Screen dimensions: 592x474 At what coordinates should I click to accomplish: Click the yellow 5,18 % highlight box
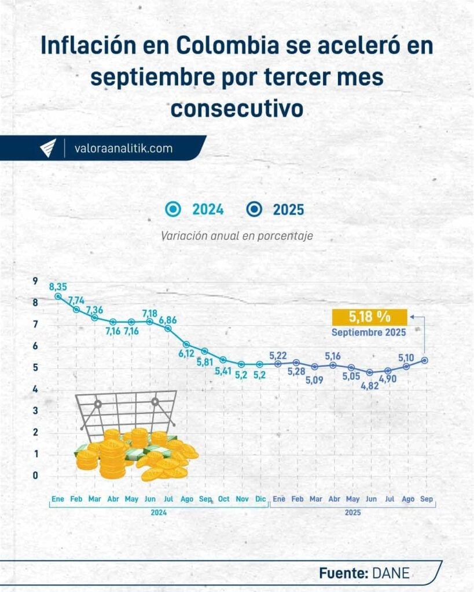point(369,317)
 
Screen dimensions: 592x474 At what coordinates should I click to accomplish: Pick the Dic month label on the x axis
point(260,499)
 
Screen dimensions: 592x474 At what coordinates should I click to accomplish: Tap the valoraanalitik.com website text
point(123,148)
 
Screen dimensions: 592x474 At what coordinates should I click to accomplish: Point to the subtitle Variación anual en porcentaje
point(237,236)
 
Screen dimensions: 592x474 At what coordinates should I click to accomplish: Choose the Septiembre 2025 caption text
point(369,332)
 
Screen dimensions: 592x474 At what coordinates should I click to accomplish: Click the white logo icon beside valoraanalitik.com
point(47,148)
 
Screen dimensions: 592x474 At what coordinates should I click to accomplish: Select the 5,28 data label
point(297,371)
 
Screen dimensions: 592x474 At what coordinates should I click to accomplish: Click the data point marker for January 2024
point(58,296)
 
